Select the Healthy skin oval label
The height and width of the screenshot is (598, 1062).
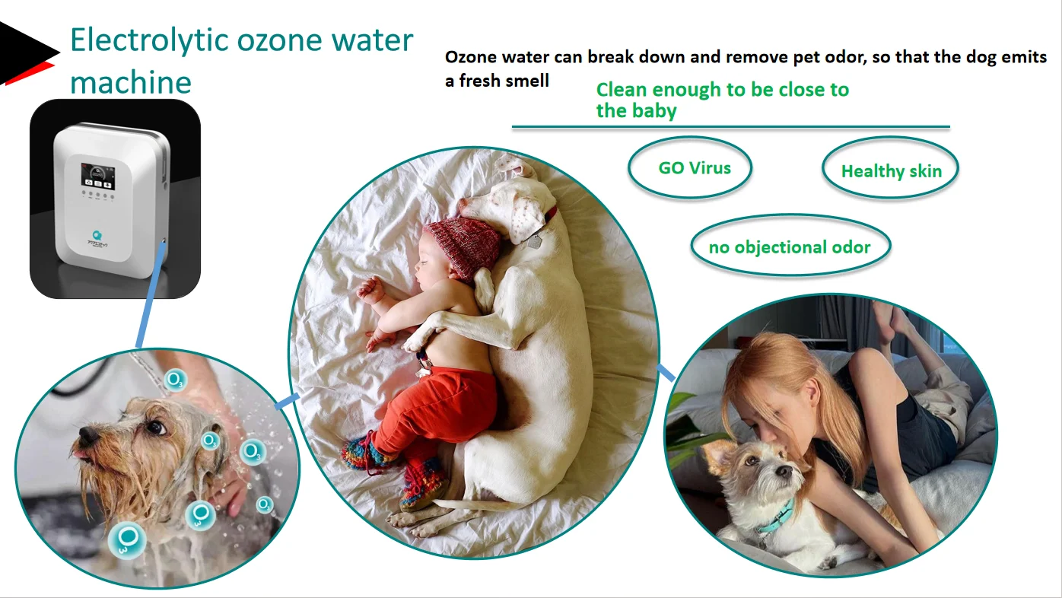[891, 171]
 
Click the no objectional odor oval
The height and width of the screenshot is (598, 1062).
[790, 247]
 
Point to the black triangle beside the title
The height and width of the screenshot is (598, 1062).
[27, 51]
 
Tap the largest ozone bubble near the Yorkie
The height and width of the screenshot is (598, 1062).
[127, 539]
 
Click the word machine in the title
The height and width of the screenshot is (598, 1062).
[131, 82]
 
